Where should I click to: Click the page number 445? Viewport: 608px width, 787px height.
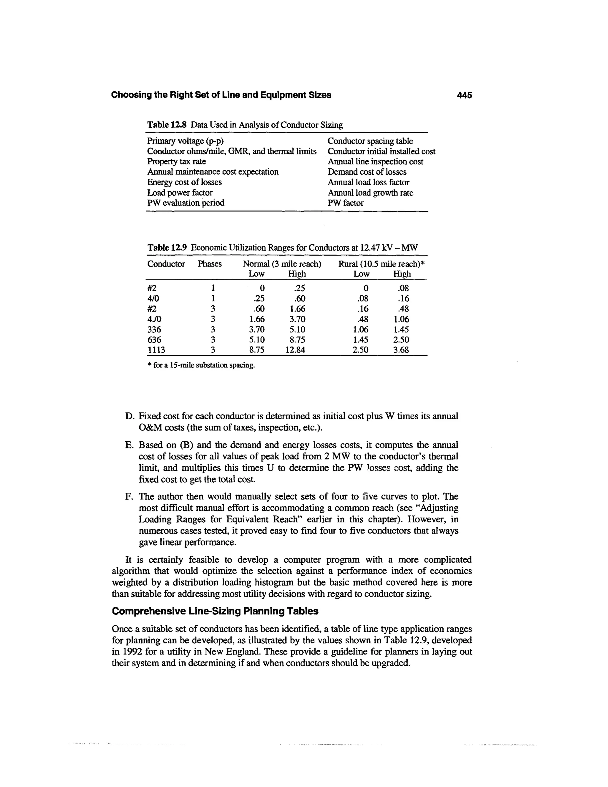pyautogui.click(x=464, y=95)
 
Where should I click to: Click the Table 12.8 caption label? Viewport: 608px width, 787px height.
pyautogui.click(x=167, y=125)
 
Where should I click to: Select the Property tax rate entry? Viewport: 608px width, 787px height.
pyautogui.click(x=177, y=162)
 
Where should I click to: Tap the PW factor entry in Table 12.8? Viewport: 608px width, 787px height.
pyautogui.click(x=346, y=203)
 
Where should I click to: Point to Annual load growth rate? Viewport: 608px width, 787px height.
pyautogui.click(x=370, y=193)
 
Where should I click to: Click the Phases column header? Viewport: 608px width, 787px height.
pyautogui.click(x=210, y=264)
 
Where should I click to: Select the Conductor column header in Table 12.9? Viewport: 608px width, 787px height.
pyautogui.click(x=166, y=264)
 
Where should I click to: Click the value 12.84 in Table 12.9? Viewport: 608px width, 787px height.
pyautogui.click(x=295, y=350)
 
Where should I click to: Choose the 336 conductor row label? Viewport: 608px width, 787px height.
pyautogui.click(x=154, y=329)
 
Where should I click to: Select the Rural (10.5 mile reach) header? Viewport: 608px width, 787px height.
pyautogui.click(x=381, y=264)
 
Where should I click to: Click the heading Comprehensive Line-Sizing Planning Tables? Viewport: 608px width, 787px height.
pyautogui.click(x=215, y=611)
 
